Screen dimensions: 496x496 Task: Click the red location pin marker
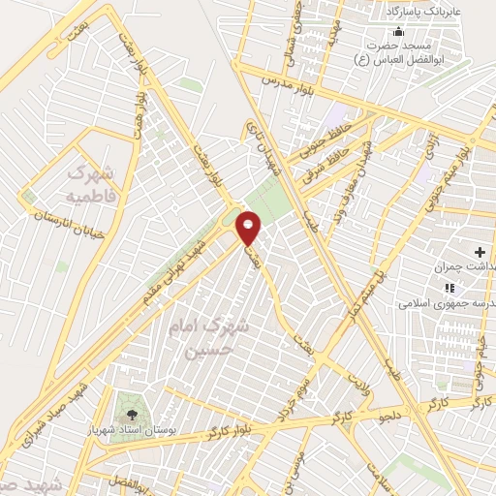[249, 227]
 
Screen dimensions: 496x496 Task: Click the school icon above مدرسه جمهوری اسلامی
[448, 288]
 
